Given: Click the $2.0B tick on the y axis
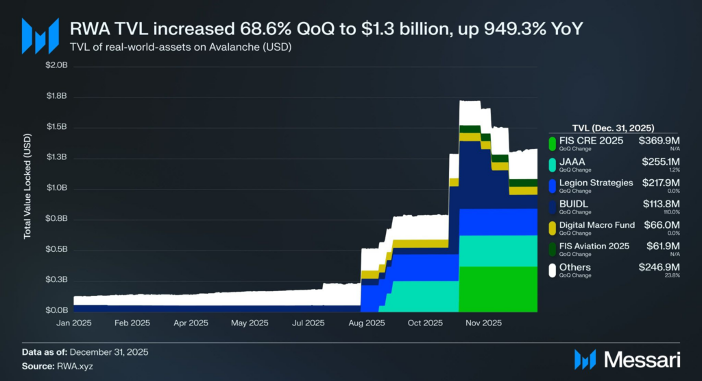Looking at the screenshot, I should [x=56, y=66].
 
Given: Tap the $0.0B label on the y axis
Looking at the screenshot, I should [x=56, y=310].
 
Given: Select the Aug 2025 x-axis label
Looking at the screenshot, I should [x=366, y=323].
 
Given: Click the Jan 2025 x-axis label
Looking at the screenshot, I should [x=73, y=323].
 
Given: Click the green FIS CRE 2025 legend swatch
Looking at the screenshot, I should [x=552, y=143].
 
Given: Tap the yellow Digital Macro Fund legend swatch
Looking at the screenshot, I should [x=552, y=227].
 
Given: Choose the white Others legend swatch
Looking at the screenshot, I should [x=552, y=269].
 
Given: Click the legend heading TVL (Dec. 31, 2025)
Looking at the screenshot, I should [x=612, y=128].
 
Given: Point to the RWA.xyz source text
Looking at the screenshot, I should [x=75, y=366].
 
